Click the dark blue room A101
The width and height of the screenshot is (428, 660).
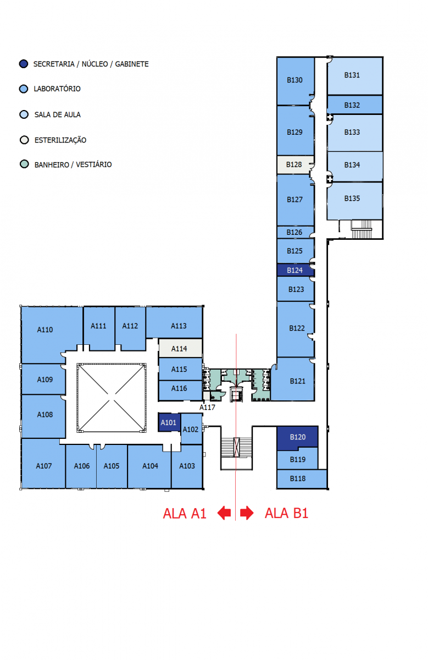click(x=169, y=422)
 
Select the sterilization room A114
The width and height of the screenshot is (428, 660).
click(x=180, y=349)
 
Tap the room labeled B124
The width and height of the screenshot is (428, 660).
click(x=295, y=270)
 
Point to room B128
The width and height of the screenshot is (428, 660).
click(x=295, y=164)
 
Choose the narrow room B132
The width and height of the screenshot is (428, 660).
click(x=352, y=105)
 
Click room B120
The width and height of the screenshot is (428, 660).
click(x=297, y=437)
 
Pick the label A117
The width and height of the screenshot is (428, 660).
click(x=207, y=408)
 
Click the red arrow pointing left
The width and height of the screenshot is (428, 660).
click(x=224, y=513)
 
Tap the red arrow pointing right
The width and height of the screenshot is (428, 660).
click(x=247, y=513)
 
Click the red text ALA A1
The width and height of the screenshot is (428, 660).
click(x=185, y=513)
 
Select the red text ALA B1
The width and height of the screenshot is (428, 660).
click(x=286, y=513)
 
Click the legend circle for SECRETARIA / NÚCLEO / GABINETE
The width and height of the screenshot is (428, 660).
click(x=23, y=64)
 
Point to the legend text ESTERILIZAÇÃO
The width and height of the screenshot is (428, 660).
click(x=60, y=140)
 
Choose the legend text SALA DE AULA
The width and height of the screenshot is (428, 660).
click(x=57, y=114)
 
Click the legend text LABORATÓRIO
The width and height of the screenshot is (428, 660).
click(x=57, y=89)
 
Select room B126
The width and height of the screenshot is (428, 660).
click(x=295, y=232)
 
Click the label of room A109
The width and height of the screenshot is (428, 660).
click(x=45, y=380)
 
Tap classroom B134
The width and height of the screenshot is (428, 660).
click(x=352, y=165)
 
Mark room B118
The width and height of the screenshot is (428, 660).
click(x=298, y=479)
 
